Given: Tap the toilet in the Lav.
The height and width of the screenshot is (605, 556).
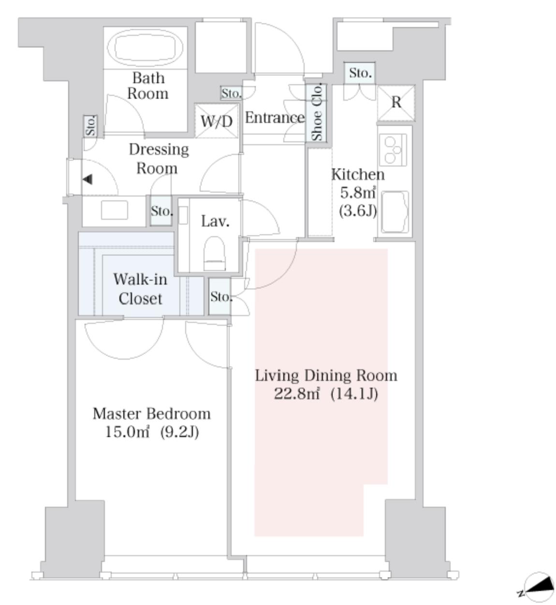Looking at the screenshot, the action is tap(214, 253).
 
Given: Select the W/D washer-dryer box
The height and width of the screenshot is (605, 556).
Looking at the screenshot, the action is tap(217, 121).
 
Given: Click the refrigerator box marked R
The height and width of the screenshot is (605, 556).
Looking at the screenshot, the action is tap(396, 103).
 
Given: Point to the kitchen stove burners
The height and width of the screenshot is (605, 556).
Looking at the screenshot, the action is tap(393, 150).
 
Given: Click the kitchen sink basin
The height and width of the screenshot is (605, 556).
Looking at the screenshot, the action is tap(395, 212).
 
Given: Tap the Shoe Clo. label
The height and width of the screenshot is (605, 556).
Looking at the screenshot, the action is tap(318, 112).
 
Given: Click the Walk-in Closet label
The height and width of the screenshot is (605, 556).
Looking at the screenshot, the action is tap(140, 288).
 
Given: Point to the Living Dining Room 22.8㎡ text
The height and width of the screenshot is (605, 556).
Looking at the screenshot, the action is tap(326, 384).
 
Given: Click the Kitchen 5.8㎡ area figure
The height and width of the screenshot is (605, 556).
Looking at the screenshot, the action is tap(358, 193).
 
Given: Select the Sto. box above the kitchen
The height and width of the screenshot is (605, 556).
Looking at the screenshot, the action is tap(360, 73).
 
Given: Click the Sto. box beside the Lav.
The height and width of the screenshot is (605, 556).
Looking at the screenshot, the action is tap(161, 211).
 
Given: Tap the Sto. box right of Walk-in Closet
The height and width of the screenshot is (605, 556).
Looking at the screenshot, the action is tap(220, 297).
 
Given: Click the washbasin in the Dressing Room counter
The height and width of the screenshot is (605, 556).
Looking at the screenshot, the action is tap(114, 210).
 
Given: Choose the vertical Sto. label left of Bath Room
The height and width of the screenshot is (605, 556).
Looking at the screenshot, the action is tap(90, 126).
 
